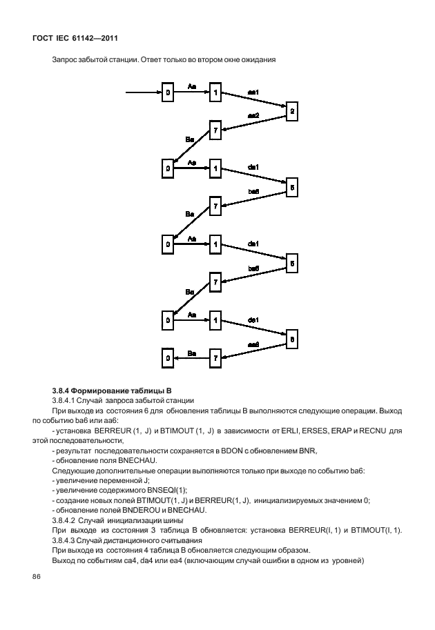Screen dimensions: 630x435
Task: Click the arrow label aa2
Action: [253, 115]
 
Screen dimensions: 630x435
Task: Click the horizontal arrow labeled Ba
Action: [191, 357]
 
